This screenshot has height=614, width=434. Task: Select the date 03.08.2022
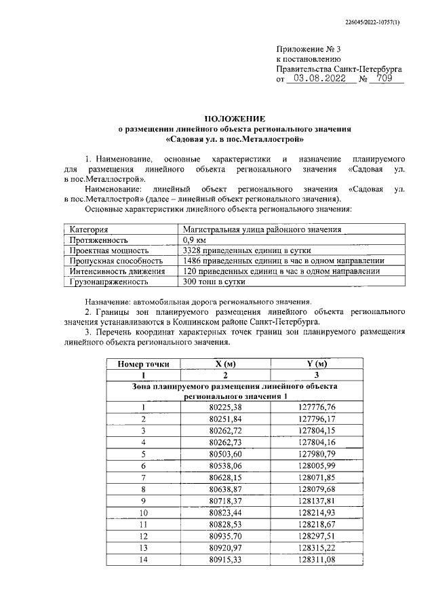point(317,79)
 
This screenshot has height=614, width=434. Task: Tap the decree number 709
point(388,79)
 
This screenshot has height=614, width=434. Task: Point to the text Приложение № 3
point(308,50)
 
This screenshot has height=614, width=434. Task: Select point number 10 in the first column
point(143,512)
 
